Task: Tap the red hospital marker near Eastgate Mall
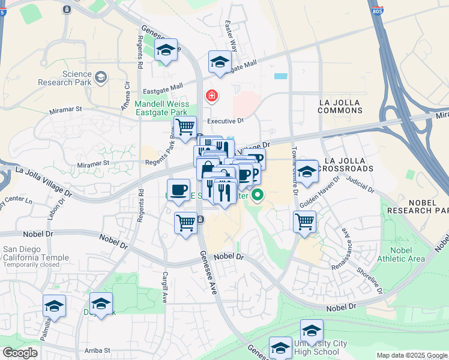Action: pos(211,95)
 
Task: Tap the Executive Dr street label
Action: pos(225,121)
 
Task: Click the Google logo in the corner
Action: pos(19,353)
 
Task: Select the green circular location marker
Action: pos(258,195)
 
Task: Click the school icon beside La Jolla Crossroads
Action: pos(307,171)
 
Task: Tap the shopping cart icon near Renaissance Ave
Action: pos(305,221)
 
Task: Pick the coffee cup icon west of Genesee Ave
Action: pos(178,190)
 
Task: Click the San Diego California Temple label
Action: pos(31,257)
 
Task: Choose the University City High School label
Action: pos(320,347)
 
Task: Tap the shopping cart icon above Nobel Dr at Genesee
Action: pos(186,223)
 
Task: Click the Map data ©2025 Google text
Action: pos(412,355)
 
